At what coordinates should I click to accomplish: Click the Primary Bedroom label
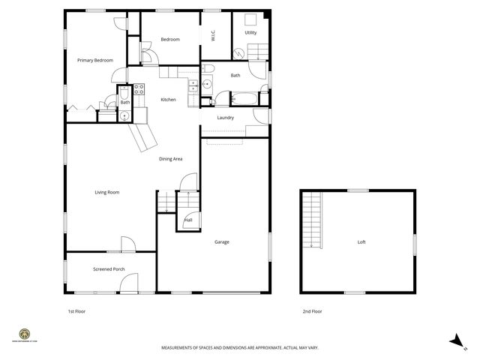95,60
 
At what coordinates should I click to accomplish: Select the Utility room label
250,32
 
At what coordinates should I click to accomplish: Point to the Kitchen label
169,100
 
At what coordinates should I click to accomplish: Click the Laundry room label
226,118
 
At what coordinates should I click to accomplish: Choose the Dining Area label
170,159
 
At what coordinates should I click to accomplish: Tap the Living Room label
107,193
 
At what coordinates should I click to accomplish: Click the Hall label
187,220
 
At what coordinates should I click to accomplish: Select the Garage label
222,242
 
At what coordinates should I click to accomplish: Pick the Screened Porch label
109,269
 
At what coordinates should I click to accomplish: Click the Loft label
361,242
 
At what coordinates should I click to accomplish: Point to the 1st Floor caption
76,310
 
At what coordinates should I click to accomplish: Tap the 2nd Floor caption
312,310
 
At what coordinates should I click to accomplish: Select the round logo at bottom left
25,334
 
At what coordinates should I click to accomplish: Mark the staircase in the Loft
311,219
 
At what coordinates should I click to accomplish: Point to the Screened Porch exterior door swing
128,283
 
